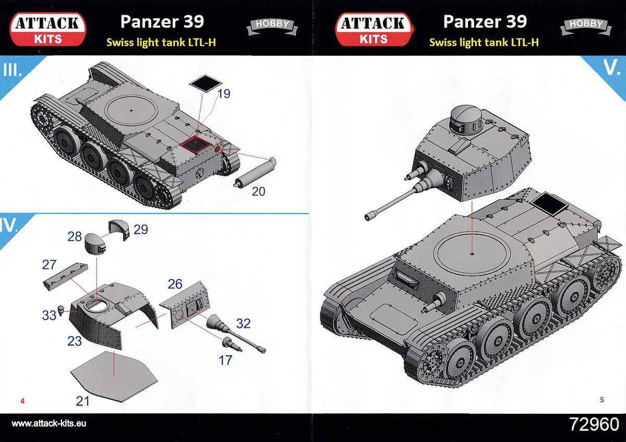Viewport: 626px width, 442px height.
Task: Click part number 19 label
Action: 224,94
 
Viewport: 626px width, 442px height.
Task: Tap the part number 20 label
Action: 258,192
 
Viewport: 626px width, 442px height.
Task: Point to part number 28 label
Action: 75,237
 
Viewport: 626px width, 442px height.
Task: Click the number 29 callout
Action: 141,229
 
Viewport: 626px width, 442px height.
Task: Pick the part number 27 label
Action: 49,265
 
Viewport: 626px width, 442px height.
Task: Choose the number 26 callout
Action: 175,284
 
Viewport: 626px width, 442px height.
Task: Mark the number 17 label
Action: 225,360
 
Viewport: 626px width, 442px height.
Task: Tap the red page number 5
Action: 602,400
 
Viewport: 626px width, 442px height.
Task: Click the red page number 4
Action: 22,401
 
